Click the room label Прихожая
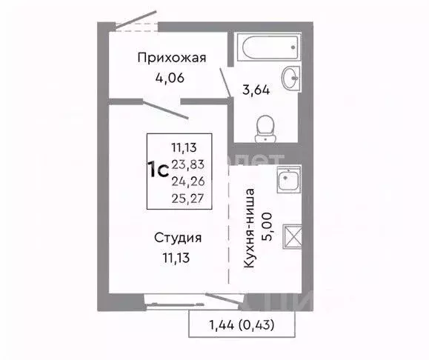point(172,58)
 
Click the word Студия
point(178,238)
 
